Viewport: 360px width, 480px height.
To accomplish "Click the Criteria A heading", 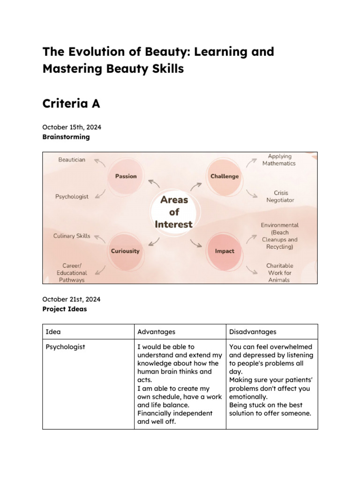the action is [x=71, y=104].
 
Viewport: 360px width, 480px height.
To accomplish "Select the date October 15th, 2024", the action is [x=72, y=127].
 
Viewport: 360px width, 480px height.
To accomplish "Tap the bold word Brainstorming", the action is [x=66, y=137].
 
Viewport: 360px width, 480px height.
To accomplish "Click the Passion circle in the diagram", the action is [x=126, y=176].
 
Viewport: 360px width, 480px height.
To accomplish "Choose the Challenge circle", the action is [x=224, y=176].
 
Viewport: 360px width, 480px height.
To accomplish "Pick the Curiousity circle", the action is [x=125, y=251].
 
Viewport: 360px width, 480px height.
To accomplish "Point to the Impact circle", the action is [x=224, y=251].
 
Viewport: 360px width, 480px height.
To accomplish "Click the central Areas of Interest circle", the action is [x=174, y=212].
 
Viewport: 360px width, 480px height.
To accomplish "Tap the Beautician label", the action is [x=72, y=160].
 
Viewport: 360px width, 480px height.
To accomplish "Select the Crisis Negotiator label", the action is [x=280, y=196].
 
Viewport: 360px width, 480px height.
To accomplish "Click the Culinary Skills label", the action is [x=72, y=236].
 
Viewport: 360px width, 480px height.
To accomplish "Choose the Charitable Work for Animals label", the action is [x=279, y=272].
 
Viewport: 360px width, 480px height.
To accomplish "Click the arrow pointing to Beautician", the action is [x=99, y=162].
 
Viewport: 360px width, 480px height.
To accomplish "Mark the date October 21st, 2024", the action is [x=71, y=299].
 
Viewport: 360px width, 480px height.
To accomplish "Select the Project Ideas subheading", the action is [x=64, y=309].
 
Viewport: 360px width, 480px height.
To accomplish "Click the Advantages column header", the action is [x=156, y=332].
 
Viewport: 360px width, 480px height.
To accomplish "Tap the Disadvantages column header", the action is [x=253, y=332].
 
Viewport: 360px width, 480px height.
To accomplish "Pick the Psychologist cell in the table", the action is [x=65, y=347].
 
